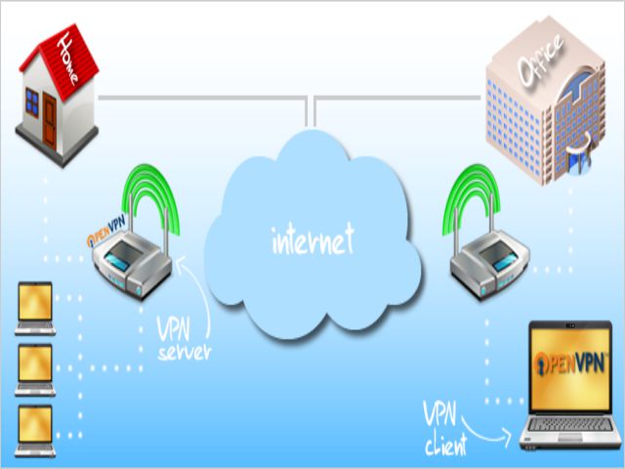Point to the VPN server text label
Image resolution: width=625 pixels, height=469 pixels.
[x=183, y=338]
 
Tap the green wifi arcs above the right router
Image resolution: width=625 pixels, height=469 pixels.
[x=474, y=199]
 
